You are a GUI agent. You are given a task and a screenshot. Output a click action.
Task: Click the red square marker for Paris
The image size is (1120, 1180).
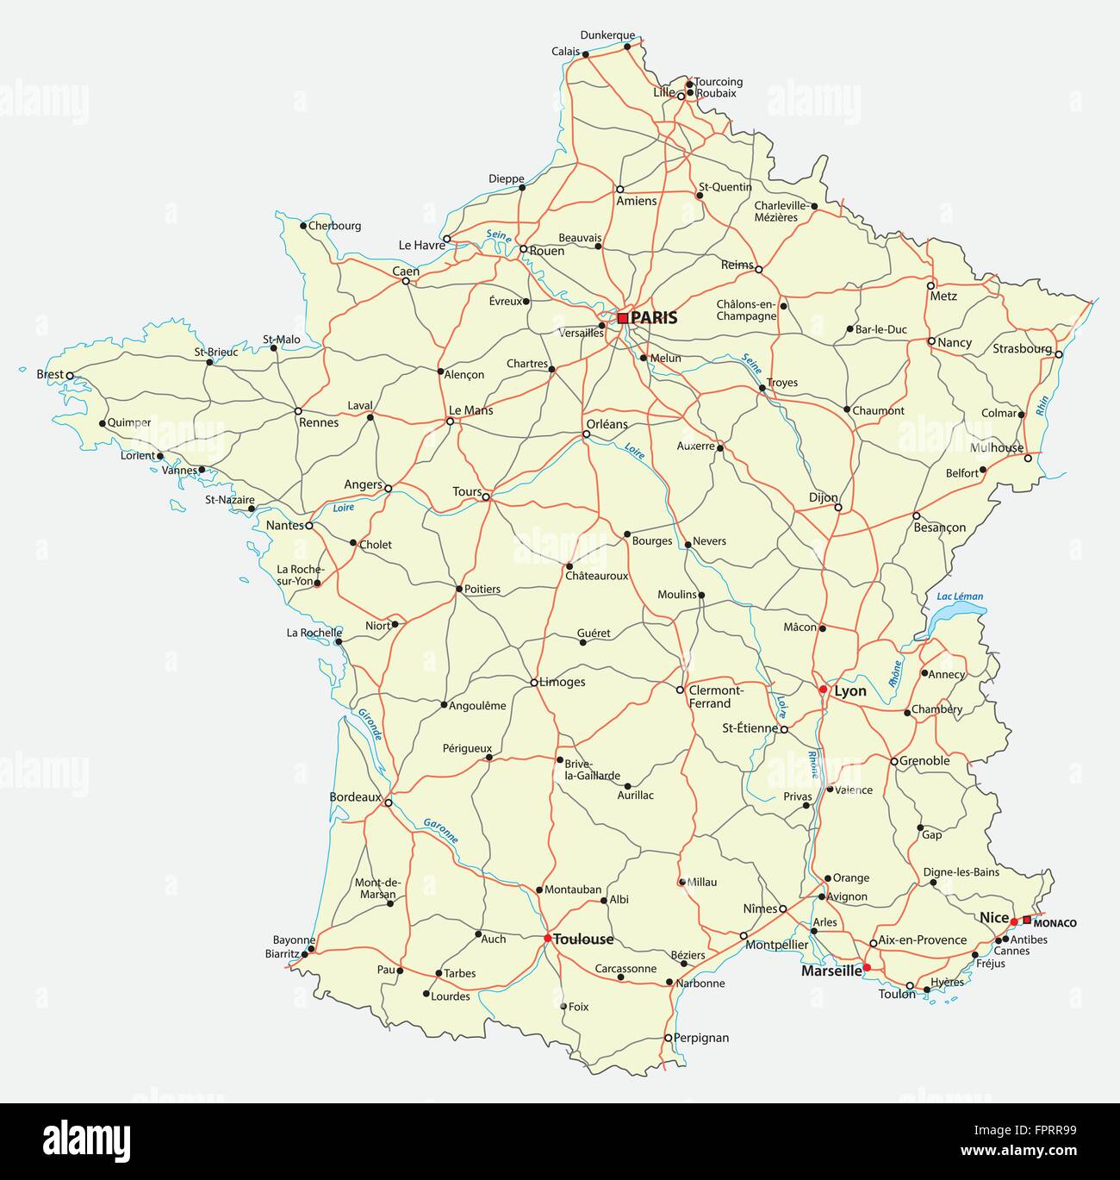tap(622, 318)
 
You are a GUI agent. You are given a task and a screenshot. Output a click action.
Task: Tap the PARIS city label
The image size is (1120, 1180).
tap(654, 318)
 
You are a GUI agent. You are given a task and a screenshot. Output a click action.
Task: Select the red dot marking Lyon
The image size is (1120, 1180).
tap(823, 690)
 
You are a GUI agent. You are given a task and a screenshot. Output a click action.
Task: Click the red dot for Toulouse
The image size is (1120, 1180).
tap(547, 939)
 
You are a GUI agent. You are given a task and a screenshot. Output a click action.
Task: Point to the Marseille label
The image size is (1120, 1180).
tap(831, 971)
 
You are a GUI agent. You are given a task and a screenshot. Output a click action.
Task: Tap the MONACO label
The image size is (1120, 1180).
tap(1055, 923)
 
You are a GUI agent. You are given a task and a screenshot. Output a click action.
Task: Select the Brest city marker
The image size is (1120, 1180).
tap(70, 375)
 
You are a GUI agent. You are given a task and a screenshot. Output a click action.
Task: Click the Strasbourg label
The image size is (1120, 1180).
tap(1022, 349)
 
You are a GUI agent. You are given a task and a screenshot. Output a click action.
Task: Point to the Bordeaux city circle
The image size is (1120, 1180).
tap(388, 803)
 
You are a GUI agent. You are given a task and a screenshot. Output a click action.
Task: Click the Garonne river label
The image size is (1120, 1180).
tap(440, 830)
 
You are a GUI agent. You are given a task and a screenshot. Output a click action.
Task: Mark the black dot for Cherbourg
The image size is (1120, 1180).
tap(303, 226)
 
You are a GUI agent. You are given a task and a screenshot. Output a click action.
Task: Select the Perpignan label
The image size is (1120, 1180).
tap(701, 1038)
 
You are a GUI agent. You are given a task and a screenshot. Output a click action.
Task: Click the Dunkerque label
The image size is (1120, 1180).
tap(607, 35)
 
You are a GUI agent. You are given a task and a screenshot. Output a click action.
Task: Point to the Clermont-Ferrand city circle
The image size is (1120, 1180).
tap(680, 690)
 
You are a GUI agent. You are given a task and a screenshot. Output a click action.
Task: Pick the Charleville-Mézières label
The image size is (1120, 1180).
tap(780, 211)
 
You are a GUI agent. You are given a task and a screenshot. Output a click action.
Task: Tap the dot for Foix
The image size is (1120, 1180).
tap(563, 1006)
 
